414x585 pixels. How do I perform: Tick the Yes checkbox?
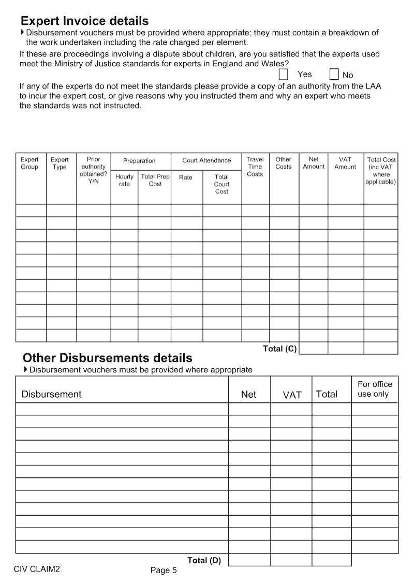click(x=284, y=74)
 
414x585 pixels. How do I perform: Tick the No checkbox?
click(x=334, y=74)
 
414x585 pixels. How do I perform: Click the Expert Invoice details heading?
click(x=84, y=21)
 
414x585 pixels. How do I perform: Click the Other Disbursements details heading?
click(x=108, y=358)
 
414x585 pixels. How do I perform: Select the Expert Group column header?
click(x=29, y=163)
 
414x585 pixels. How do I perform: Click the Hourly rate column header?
click(x=124, y=181)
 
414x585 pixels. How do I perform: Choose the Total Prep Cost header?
click(x=155, y=181)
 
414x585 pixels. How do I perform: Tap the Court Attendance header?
click(x=206, y=160)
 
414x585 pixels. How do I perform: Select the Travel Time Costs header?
click(x=255, y=167)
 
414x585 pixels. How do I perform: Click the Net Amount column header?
click(x=314, y=163)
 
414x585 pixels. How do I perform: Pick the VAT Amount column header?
click(x=345, y=163)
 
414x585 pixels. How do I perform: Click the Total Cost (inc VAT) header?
click(x=381, y=171)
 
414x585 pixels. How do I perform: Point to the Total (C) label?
click(x=280, y=349)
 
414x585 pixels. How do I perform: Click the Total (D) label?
click(x=204, y=560)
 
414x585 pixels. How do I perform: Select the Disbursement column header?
click(x=51, y=394)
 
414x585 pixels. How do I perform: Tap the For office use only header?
click(x=375, y=389)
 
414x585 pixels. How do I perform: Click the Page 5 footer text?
click(x=164, y=571)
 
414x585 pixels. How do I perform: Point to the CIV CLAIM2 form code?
click(x=37, y=568)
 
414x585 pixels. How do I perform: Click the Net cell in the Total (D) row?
click(x=249, y=560)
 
